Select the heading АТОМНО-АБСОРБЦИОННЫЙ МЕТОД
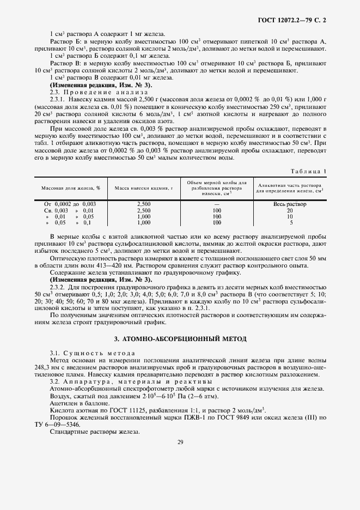(x=180, y=339)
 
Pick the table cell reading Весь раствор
(x=290, y=204)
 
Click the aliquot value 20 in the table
(x=290, y=210)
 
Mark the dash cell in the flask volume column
(x=217, y=204)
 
